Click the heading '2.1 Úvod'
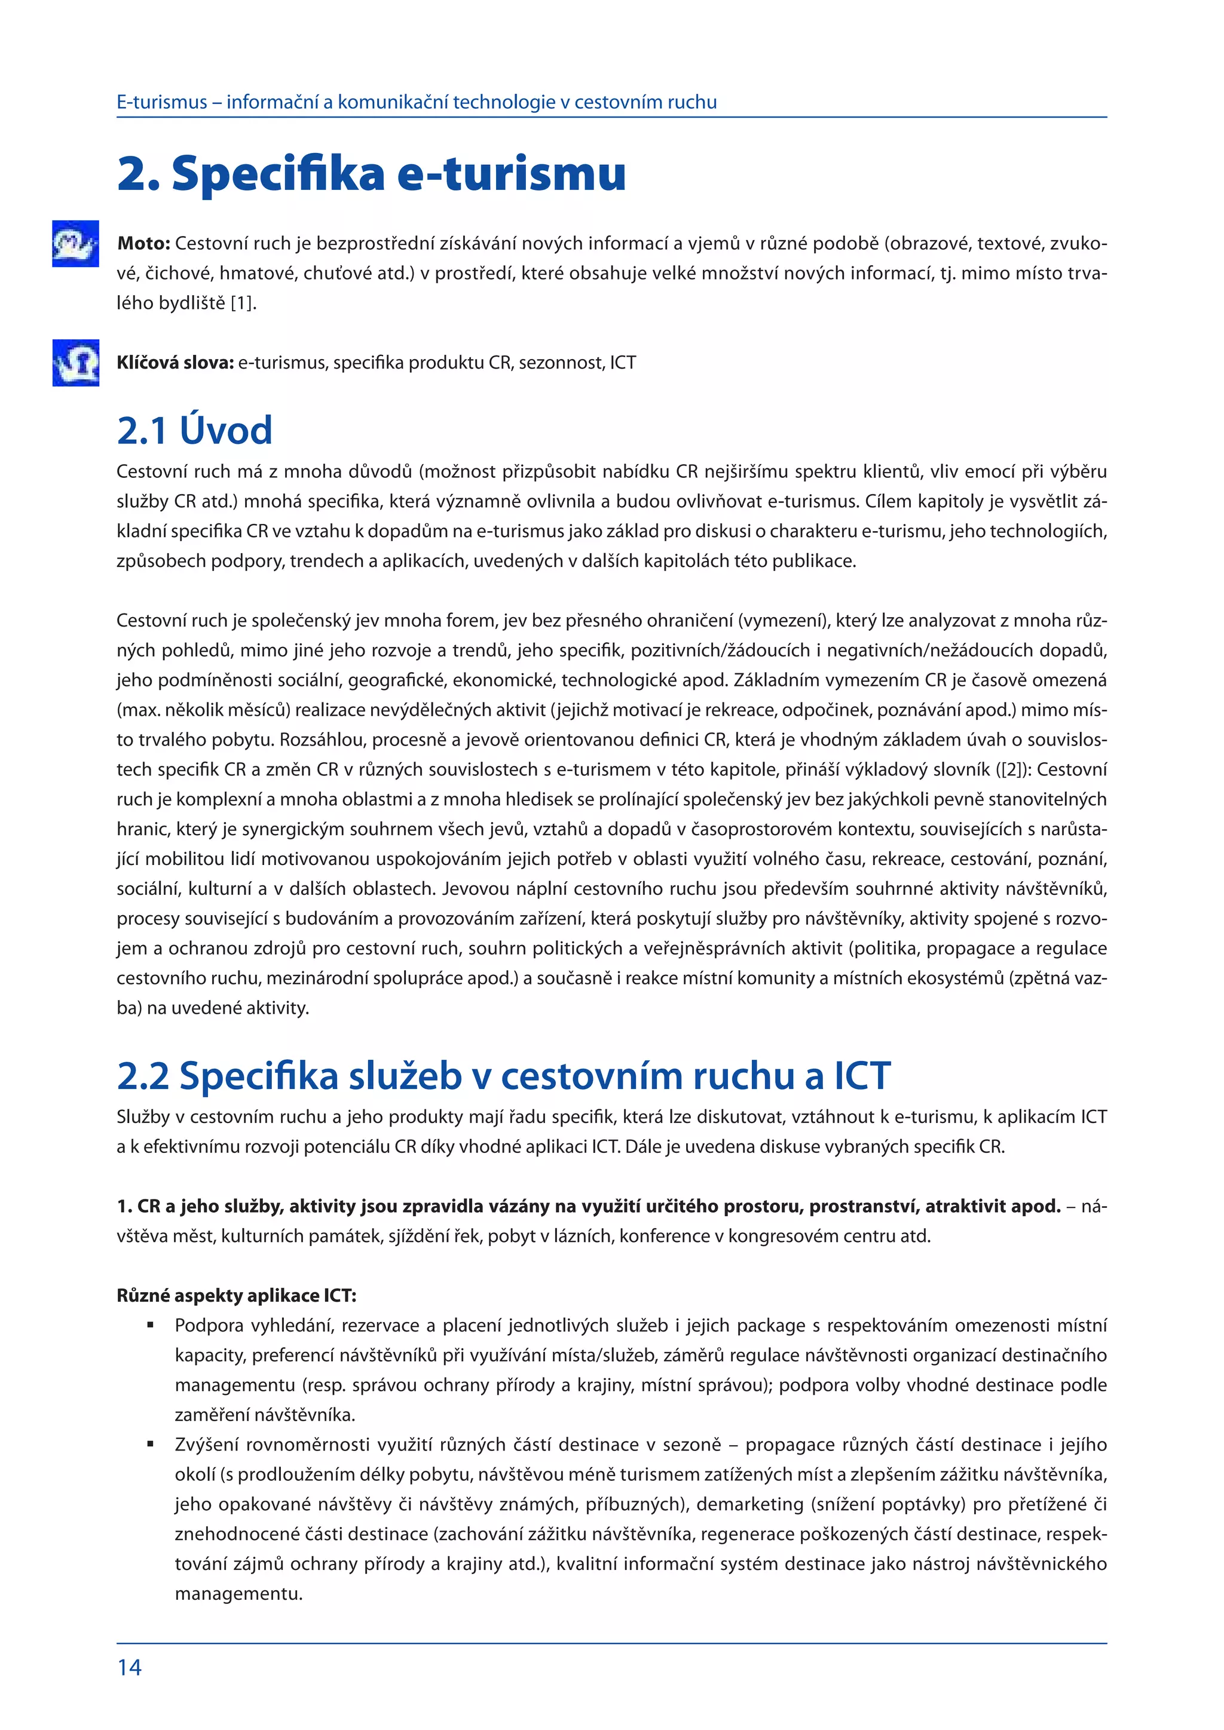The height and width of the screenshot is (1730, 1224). point(194,431)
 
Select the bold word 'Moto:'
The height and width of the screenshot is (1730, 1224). point(144,243)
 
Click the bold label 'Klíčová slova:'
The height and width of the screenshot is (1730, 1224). point(175,363)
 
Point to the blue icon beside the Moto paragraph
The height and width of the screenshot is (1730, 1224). point(75,243)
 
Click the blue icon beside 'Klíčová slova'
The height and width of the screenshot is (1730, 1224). point(75,363)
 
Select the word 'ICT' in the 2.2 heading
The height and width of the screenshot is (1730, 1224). point(861,1075)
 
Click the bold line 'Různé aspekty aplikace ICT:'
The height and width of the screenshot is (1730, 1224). point(236,1295)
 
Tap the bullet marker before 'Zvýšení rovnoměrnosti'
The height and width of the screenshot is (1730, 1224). point(151,1444)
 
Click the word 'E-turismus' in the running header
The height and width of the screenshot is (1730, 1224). point(161,103)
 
